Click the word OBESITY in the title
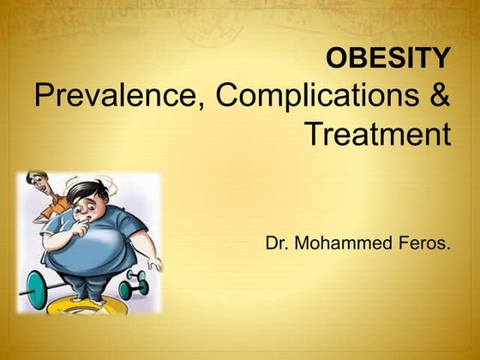(388, 58)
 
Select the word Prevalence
(115, 96)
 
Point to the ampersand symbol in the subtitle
(438, 96)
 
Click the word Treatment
(378, 134)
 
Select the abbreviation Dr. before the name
(277, 243)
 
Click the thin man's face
(35, 182)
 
